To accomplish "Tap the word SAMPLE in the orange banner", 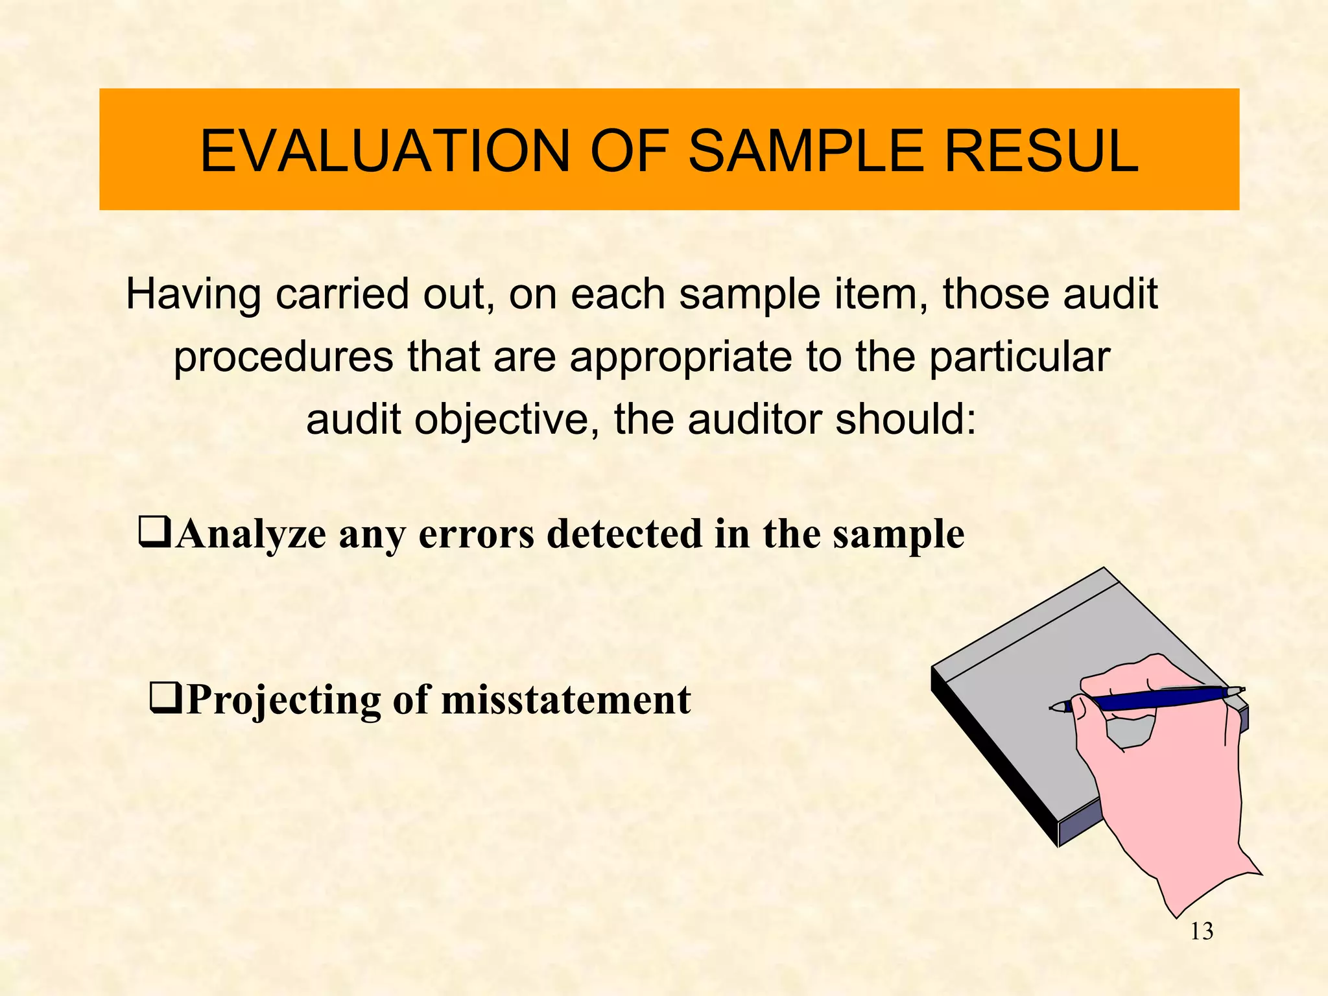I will click(805, 151).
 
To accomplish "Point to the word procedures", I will click(283, 357).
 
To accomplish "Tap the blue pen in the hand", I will click(1154, 698).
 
